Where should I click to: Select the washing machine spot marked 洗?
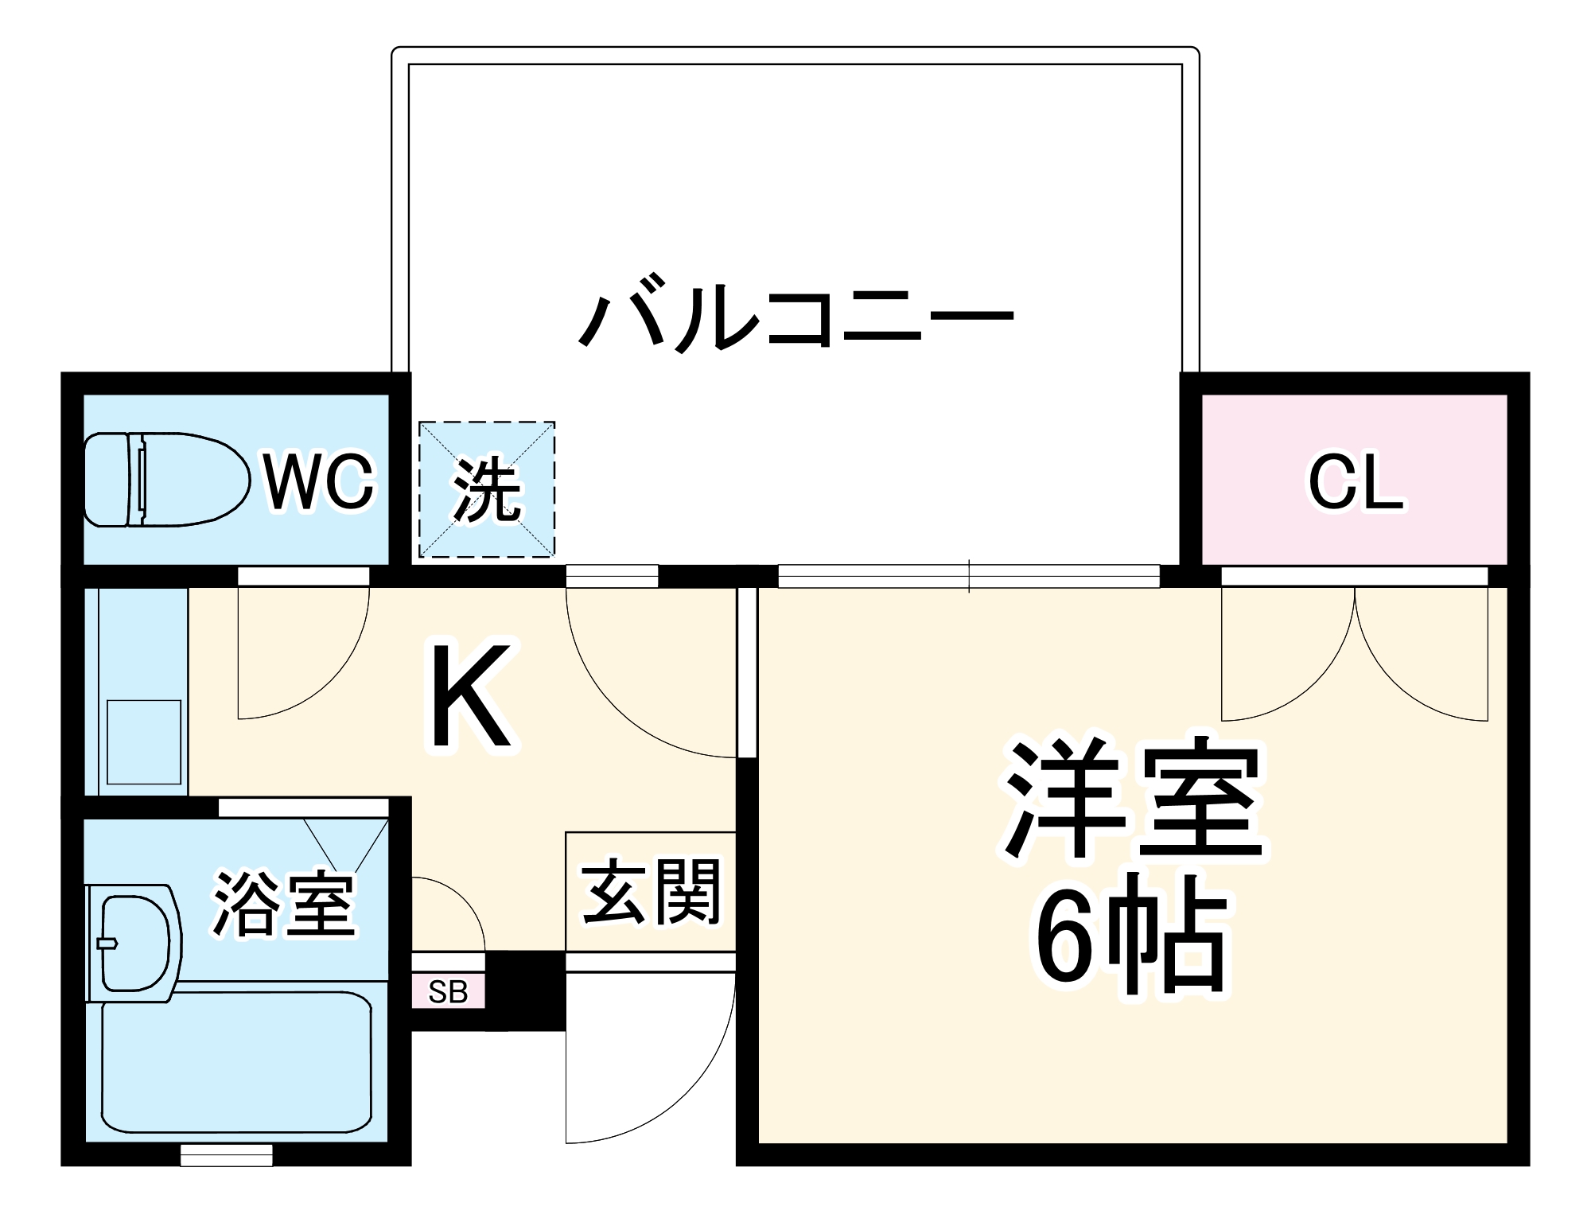487,489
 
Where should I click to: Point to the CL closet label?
1356,482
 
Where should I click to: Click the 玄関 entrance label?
652,891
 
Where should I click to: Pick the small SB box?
448,991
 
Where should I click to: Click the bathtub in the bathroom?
236,1062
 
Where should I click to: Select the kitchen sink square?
144,741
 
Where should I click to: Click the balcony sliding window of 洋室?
968,575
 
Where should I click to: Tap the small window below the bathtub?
227,1155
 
